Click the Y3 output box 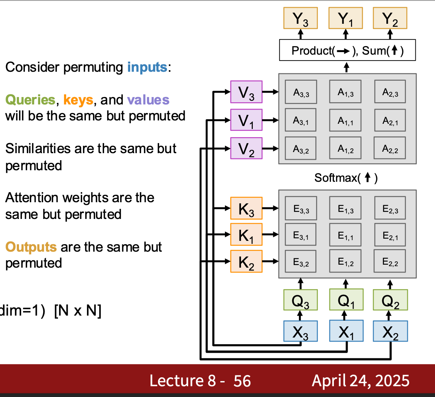pos(300,18)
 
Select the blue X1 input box pos(346,331)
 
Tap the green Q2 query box pos(390,300)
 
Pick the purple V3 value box pos(246,92)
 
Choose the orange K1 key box pos(246,235)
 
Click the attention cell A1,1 pos(345,120)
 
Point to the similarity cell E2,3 pos(390,208)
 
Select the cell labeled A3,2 pos(301,148)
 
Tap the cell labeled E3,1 pos(301,235)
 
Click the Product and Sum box pos(347,50)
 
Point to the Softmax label pos(346,178)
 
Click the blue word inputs pos(147,67)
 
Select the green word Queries pos(30,100)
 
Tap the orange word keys pos(78,100)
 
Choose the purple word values pos(148,100)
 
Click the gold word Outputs pos(31,247)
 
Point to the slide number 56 pos(242,381)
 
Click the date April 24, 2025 pos(361,381)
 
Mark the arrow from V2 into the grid pos(271,149)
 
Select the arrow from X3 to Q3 pos(300,316)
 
